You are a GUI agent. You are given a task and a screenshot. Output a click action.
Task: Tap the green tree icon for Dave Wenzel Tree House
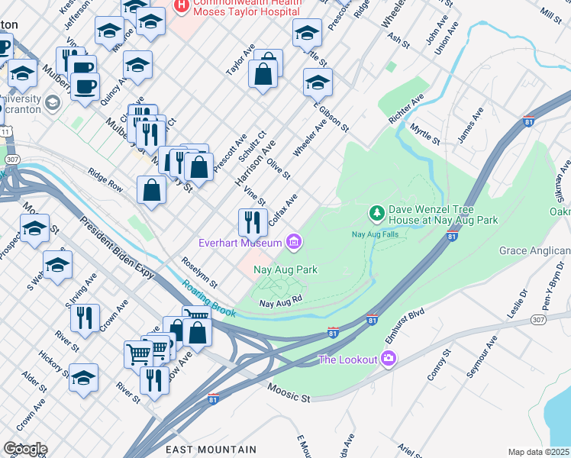(x=376, y=211)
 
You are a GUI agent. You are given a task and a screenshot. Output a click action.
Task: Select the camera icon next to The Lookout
(x=389, y=358)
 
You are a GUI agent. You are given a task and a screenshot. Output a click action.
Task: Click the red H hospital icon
(x=182, y=6)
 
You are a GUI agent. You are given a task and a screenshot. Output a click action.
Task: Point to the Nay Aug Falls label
(x=375, y=234)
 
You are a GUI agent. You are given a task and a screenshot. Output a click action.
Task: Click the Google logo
(x=25, y=449)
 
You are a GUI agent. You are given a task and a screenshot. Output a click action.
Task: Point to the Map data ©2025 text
(x=538, y=452)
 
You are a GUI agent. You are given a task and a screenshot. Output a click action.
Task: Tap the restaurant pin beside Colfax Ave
(x=253, y=222)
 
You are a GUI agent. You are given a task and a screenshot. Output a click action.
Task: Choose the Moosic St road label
(x=289, y=394)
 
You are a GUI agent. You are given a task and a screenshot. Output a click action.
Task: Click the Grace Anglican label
(x=534, y=251)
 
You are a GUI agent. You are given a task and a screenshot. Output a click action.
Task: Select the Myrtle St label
(x=424, y=135)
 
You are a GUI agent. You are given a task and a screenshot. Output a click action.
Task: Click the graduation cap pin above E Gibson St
(x=318, y=82)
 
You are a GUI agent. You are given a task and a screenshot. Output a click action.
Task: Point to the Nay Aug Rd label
(x=281, y=303)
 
